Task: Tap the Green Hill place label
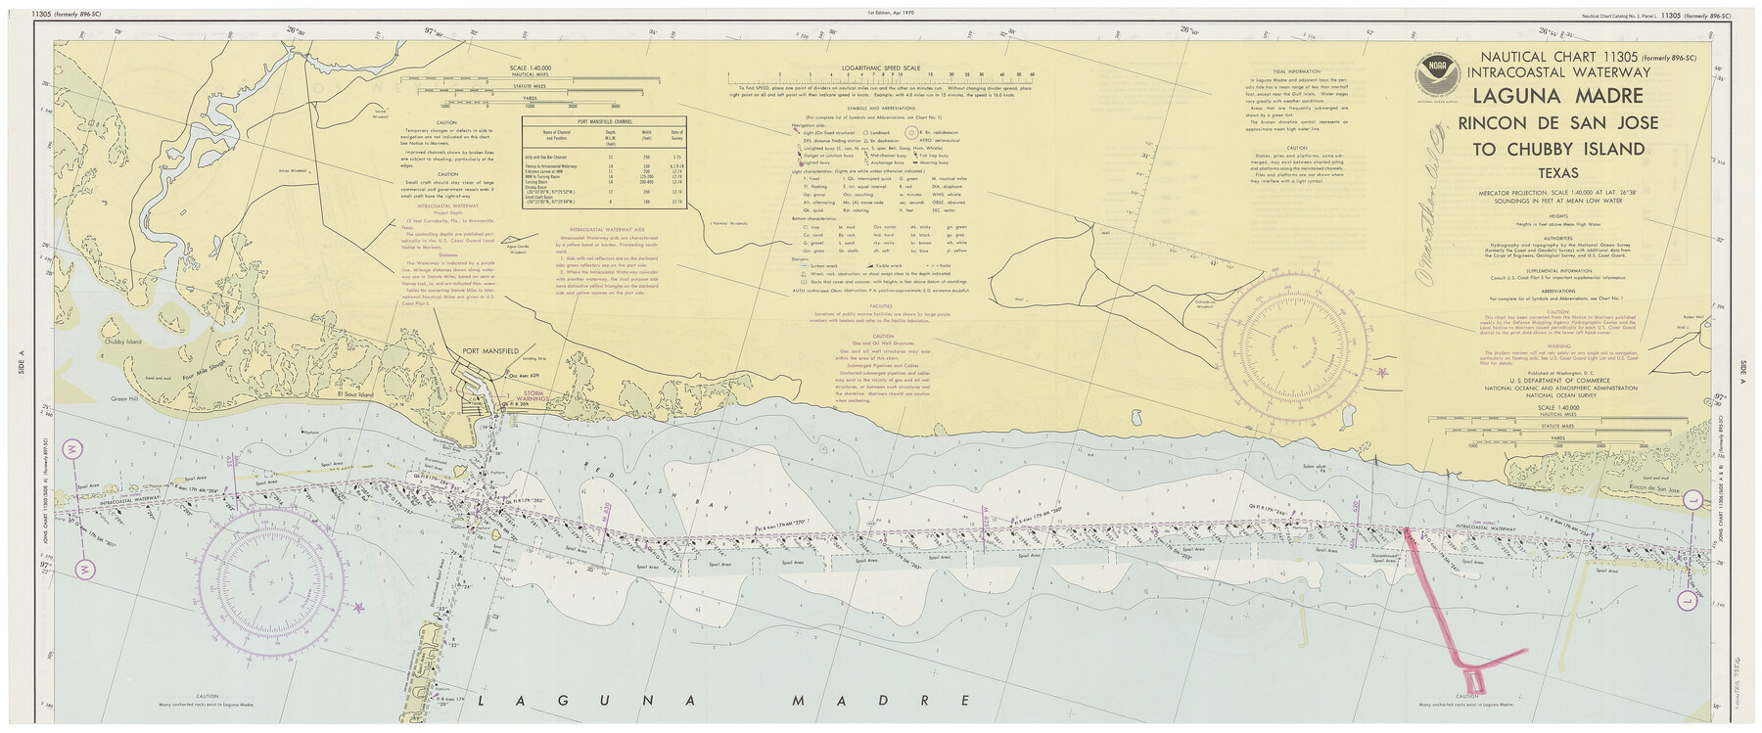point(126,398)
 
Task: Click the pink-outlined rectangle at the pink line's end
point(1471,682)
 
